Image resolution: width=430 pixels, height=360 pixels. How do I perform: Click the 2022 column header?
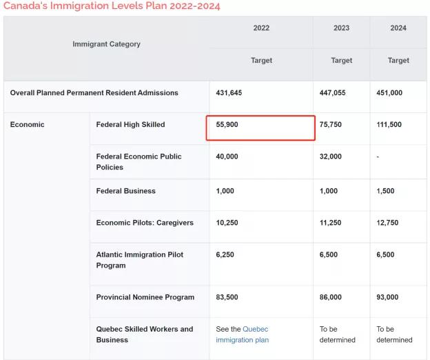pos(261,28)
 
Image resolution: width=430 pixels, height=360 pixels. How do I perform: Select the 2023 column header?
pos(341,28)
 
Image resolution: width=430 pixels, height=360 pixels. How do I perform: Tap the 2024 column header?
pos(398,28)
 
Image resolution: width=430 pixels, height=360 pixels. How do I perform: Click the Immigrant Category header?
pos(106,44)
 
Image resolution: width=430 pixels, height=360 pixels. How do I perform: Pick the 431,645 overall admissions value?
pos(229,92)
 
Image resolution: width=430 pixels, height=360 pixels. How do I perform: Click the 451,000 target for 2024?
pos(389,92)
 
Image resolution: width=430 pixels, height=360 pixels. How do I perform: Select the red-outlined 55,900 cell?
pos(260,128)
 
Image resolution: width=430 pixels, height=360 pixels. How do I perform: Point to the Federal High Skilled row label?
pos(130,125)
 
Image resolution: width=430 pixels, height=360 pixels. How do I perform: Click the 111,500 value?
pos(389,125)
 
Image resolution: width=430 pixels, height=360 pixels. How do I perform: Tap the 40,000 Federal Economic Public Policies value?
pos(227,157)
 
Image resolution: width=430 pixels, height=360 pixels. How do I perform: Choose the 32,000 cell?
pos(331,157)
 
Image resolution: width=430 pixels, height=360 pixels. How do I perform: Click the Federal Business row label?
pos(126,191)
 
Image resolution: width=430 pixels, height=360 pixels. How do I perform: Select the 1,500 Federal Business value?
pos(385,191)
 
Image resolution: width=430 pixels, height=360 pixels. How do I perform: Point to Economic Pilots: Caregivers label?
pos(145,223)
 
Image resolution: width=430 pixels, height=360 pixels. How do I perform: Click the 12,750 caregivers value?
pos(387,223)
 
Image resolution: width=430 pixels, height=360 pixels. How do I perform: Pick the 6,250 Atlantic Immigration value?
pos(225,254)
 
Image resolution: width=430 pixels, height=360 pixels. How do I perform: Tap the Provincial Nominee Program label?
pos(145,297)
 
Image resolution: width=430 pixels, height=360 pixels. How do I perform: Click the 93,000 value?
pos(387,297)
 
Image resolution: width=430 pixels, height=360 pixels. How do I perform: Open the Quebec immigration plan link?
pos(243,334)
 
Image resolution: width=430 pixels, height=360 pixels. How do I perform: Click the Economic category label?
pos(27,125)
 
